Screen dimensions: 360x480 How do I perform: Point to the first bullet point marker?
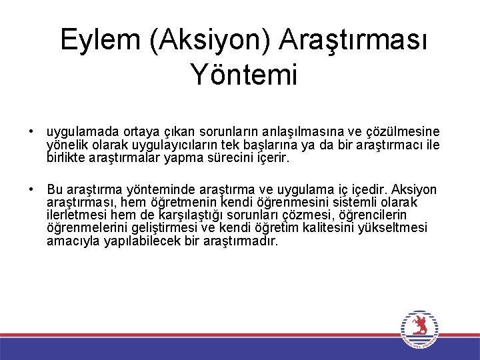coord(31,132)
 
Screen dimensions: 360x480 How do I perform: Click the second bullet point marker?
coord(31,189)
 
